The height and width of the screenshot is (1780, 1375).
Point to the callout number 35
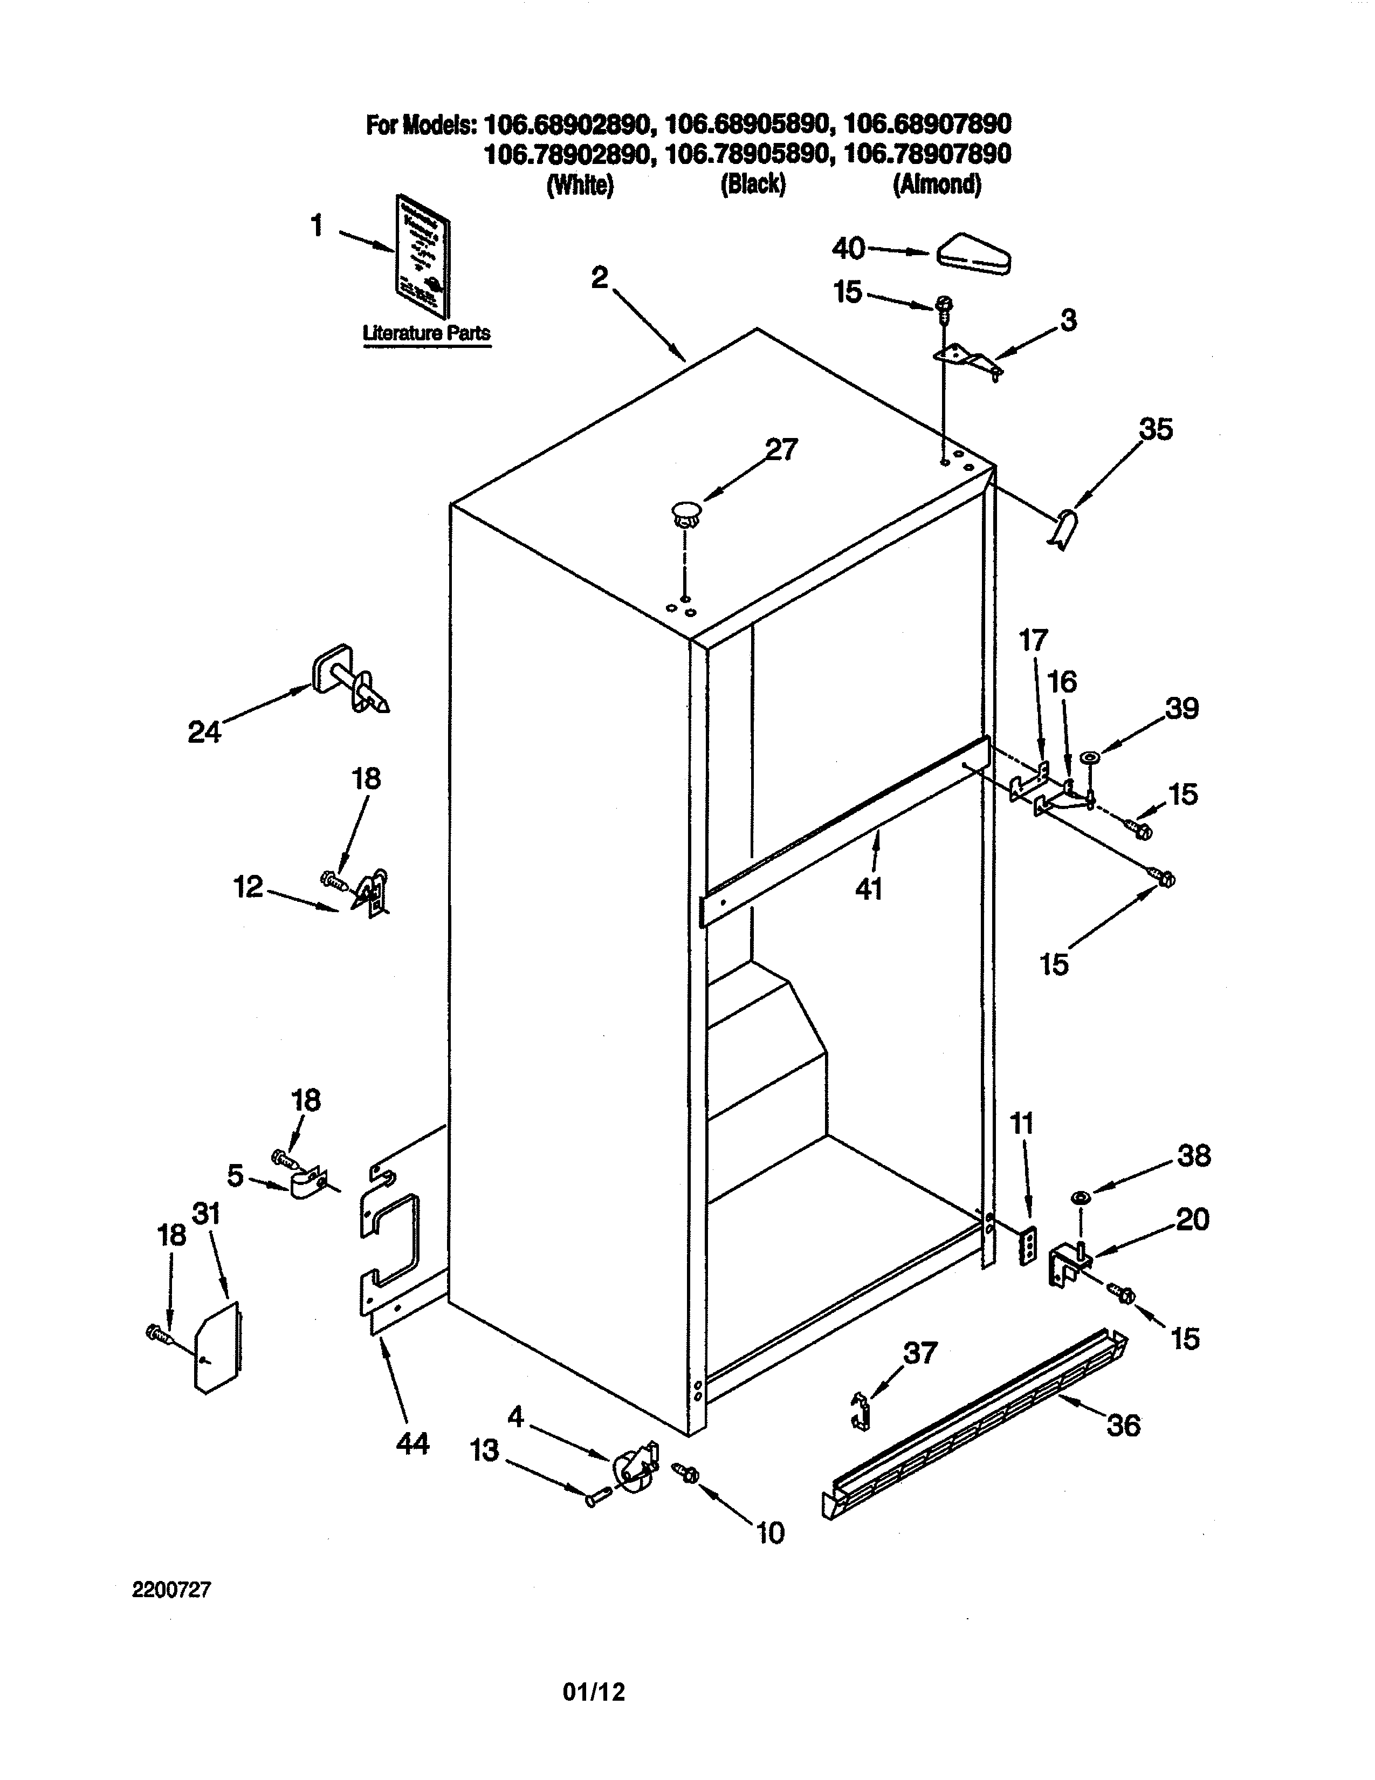1155,429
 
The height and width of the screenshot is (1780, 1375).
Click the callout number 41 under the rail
869,889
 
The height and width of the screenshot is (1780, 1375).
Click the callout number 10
770,1532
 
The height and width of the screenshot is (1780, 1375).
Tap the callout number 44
412,1443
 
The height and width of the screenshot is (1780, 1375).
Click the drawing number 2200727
172,1589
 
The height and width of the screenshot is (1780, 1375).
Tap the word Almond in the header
937,185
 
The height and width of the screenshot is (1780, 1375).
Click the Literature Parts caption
426,332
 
